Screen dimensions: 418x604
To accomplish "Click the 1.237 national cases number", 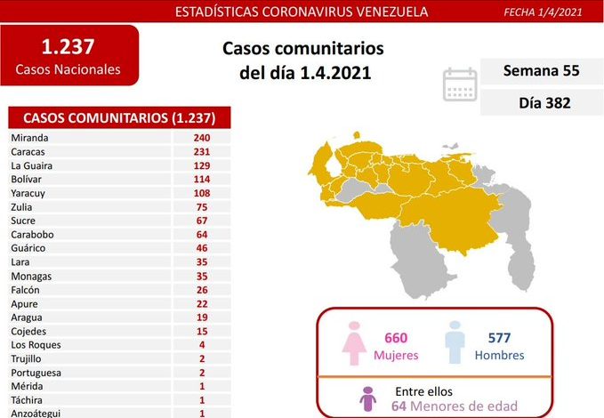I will (x=68, y=46).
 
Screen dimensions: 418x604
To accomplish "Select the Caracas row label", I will (x=28, y=151).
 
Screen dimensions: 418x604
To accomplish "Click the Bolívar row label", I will (x=28, y=179).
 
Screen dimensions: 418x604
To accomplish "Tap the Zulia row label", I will (x=23, y=206).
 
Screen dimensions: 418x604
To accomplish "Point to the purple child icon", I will (x=366, y=400).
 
